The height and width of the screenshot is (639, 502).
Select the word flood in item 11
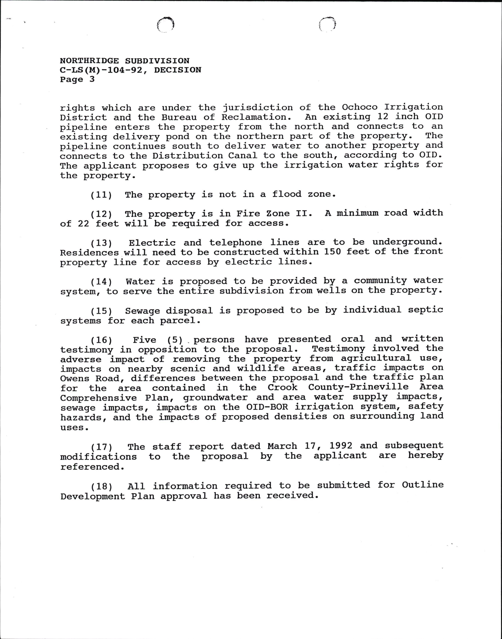pyautogui.click(x=287, y=194)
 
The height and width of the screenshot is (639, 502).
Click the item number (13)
pyautogui.click(x=101, y=243)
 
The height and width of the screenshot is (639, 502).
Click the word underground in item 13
pyautogui.click(x=407, y=242)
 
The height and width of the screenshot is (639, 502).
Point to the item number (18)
pyautogui.click(x=101, y=487)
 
